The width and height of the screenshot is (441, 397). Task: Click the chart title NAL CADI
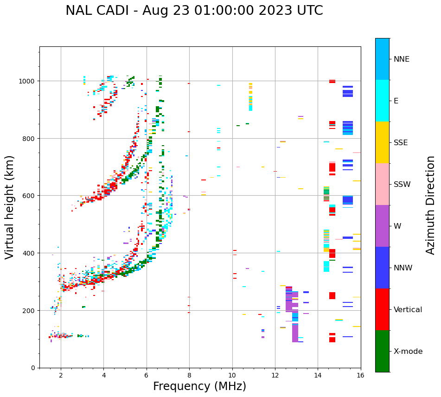pyautogui.click(x=194, y=11)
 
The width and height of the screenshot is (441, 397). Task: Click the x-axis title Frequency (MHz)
pyautogui.click(x=199, y=386)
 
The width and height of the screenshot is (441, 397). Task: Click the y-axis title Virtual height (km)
pyautogui.click(x=10, y=207)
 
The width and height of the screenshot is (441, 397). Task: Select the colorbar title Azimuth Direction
pyautogui.click(x=431, y=205)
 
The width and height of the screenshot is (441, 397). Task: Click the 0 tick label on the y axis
pyautogui.click(x=33, y=368)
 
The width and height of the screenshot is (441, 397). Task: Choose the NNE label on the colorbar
pyautogui.click(x=402, y=59)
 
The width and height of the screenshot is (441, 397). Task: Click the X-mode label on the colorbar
pyautogui.click(x=408, y=351)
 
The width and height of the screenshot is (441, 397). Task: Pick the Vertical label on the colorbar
pyautogui.click(x=408, y=309)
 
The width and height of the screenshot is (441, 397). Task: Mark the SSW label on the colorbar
pyautogui.click(x=402, y=184)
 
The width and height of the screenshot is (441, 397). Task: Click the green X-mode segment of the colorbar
pyautogui.click(x=382, y=351)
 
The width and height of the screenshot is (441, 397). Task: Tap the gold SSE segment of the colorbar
pyautogui.click(x=382, y=142)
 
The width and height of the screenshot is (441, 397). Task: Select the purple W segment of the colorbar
pyautogui.click(x=382, y=226)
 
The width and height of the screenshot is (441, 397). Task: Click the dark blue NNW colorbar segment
pyautogui.click(x=382, y=268)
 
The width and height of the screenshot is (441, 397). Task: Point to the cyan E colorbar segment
pyautogui.click(x=382, y=101)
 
